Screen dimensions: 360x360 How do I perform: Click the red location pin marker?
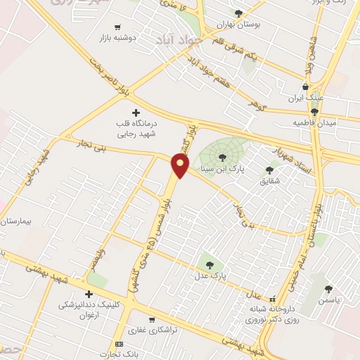pos(181,166)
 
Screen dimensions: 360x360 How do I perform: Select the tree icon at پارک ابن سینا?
pos(223,157)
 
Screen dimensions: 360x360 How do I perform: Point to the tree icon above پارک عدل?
pos(210,265)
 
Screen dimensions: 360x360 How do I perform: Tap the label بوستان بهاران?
pos(238,25)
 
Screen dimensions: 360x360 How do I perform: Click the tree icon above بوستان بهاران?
pos(238,13)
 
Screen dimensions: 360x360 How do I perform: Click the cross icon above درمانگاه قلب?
pos(136,112)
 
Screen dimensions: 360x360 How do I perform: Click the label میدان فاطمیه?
pos(316,123)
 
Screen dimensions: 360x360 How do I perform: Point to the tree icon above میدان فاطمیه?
pos(315,111)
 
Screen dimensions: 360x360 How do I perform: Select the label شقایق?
pos(269,181)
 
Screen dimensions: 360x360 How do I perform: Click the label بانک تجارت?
pos(119,354)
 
